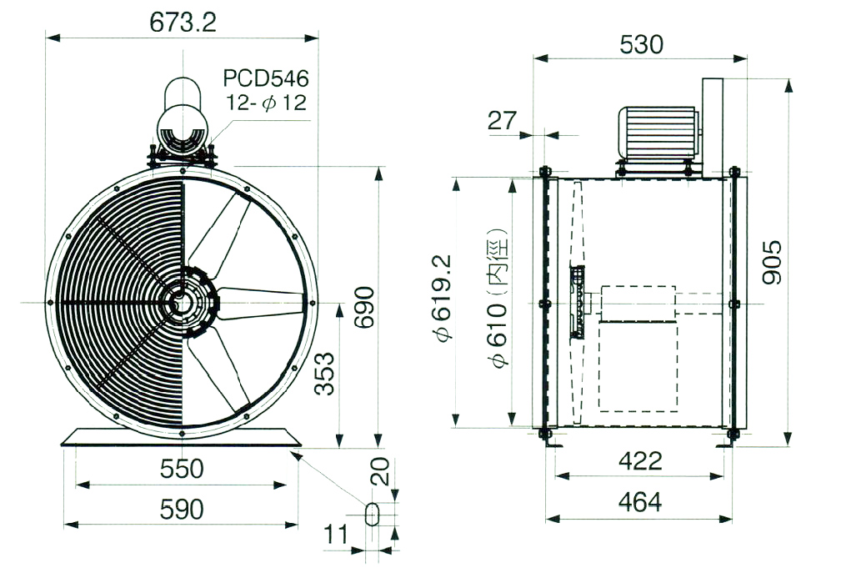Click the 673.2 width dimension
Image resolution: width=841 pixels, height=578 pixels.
183,23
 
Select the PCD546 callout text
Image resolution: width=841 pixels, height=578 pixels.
266,78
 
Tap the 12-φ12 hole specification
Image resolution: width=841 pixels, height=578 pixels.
266,102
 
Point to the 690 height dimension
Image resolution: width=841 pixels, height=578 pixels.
365,307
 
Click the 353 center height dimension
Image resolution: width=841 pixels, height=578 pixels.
324,374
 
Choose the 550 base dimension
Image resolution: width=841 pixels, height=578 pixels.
182,469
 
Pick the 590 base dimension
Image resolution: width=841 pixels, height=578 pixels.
182,510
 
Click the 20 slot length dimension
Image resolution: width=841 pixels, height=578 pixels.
380,471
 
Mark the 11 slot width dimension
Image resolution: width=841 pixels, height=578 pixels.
336,535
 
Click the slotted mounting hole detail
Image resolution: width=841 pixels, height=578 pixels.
372,514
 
